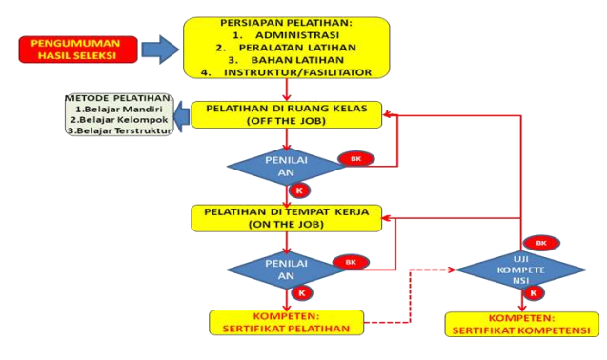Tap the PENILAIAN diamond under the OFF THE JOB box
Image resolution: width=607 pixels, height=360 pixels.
coord(285,167)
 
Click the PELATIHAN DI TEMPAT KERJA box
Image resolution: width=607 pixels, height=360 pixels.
coord(286,217)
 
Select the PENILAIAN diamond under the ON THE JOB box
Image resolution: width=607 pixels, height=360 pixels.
coord(285,270)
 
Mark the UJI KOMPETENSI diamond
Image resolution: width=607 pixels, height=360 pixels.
coord(519,270)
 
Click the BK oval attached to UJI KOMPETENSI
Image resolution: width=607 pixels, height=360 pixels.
coord(541,243)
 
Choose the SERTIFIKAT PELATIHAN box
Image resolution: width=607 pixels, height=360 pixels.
coord(286,322)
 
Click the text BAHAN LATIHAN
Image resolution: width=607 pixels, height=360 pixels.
coord(289,61)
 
